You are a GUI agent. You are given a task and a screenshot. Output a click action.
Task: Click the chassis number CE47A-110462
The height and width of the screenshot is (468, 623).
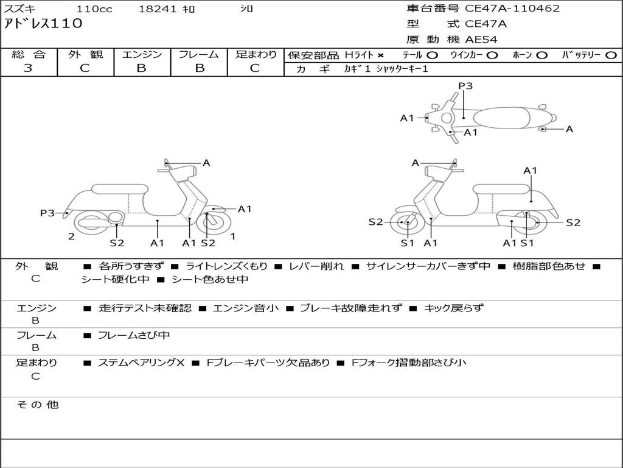click(512, 9)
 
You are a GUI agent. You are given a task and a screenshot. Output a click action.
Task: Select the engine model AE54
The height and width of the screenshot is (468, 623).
click(481, 40)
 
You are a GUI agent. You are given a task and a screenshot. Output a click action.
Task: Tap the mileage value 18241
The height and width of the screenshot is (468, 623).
click(158, 9)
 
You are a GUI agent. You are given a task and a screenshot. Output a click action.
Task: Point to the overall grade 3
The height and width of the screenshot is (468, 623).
click(28, 68)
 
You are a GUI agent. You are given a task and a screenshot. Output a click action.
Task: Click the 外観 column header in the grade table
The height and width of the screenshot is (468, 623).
click(85, 55)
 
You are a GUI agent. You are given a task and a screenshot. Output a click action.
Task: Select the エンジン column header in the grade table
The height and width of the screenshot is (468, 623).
click(142, 55)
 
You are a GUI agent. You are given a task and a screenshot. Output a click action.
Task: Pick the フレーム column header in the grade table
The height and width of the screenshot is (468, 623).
click(199, 55)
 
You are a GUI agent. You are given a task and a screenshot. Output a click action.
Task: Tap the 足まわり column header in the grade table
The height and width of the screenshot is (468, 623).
click(256, 55)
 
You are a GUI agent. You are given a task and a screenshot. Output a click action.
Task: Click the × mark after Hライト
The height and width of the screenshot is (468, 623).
click(380, 55)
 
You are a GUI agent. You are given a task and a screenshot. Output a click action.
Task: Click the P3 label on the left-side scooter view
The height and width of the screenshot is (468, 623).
click(47, 213)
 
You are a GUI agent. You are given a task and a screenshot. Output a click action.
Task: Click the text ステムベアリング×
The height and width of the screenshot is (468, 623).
click(141, 363)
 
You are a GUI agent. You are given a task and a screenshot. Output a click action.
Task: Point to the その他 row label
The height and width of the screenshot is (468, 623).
click(37, 405)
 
